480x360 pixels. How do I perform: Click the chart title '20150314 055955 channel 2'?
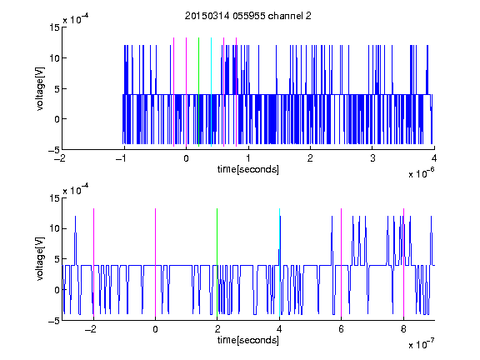tap(248, 16)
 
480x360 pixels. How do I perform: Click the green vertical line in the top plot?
tap(199, 92)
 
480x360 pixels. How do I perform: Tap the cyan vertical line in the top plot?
tap(211, 92)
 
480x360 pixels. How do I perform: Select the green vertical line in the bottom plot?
tap(217, 262)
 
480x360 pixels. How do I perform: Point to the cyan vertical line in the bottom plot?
tap(279, 262)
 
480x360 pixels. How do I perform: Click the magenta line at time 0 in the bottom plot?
tap(156, 262)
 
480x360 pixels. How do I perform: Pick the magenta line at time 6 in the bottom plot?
tap(342, 262)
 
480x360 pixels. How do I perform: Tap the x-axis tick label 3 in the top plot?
tap(372, 158)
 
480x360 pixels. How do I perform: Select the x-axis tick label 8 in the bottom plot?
tap(403, 329)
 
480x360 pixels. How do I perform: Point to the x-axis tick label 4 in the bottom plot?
tap(279, 329)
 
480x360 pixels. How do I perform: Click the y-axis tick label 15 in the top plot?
tap(55, 27)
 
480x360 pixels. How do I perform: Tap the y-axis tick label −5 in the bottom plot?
tap(54, 321)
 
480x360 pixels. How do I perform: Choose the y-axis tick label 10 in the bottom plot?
tap(55, 228)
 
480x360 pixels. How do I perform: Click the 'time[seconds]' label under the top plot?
tap(248, 169)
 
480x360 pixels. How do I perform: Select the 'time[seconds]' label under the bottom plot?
tap(248, 340)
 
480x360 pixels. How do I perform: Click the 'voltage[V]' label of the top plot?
tap(40, 89)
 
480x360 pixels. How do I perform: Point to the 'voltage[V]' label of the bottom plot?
tap(40, 259)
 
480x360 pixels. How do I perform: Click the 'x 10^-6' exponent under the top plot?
tap(422, 173)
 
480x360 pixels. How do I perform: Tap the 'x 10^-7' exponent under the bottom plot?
tap(422, 344)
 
